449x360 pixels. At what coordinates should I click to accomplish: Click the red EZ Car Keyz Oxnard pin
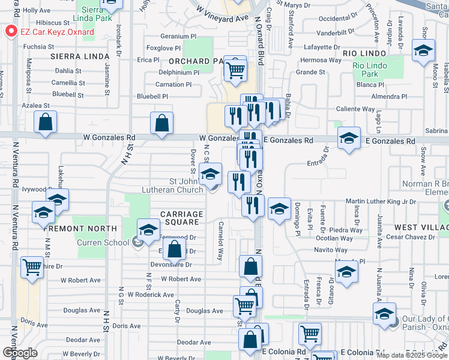click(10, 32)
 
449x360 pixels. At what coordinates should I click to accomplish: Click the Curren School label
click(103, 242)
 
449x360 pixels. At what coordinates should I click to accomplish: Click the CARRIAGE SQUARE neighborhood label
click(182, 218)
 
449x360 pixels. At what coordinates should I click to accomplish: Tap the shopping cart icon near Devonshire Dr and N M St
click(32, 268)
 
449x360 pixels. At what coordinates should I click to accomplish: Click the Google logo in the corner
click(19, 353)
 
